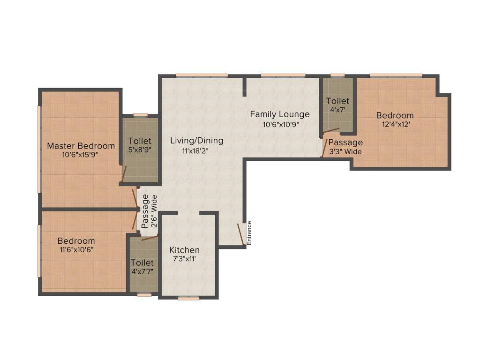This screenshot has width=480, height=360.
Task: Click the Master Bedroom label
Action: (81, 146)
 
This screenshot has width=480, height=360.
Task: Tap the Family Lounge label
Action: (279, 114)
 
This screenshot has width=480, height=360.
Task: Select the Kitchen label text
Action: (185, 250)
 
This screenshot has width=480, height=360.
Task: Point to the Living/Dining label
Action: (196, 141)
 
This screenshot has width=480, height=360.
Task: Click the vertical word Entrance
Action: (249, 233)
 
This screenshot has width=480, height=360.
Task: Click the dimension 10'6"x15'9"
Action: (81, 155)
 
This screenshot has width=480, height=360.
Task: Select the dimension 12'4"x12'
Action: (395, 124)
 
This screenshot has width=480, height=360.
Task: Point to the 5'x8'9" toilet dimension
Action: (140, 150)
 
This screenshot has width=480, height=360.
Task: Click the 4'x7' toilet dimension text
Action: (337, 110)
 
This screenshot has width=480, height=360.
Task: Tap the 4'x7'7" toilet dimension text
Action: (142, 271)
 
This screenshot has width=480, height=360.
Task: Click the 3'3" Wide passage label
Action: (345, 151)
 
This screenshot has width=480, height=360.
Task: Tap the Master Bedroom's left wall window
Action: (40, 149)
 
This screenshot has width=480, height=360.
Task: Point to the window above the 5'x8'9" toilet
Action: (140, 115)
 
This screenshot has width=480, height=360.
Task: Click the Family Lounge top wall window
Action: (283, 75)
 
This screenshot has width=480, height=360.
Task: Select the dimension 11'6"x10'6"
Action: (76, 250)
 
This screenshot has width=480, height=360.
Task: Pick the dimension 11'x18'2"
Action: (196, 151)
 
